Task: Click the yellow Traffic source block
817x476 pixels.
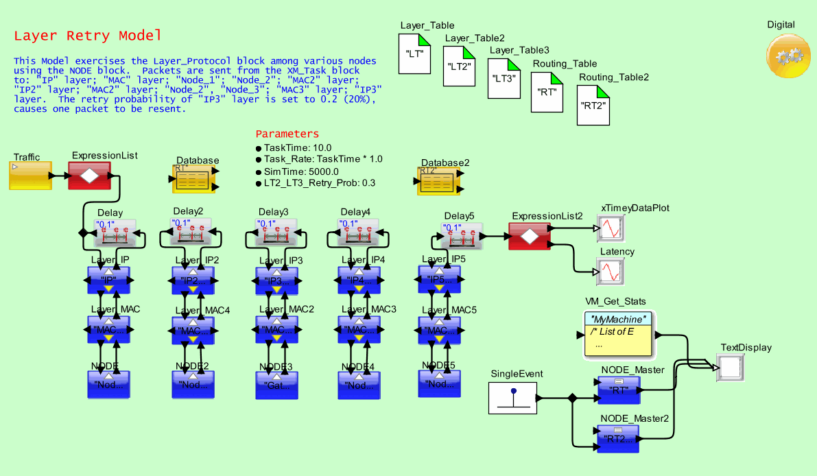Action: tap(30, 176)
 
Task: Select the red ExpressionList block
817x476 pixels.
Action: tap(89, 176)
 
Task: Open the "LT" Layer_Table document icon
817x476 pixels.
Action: tap(415, 53)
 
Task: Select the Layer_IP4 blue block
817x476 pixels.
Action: tap(359, 280)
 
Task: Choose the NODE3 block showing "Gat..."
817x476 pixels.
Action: tap(276, 385)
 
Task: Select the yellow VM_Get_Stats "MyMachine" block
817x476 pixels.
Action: tap(617, 335)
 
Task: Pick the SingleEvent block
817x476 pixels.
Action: tap(512, 398)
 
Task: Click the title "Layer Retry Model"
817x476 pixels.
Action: tap(88, 36)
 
